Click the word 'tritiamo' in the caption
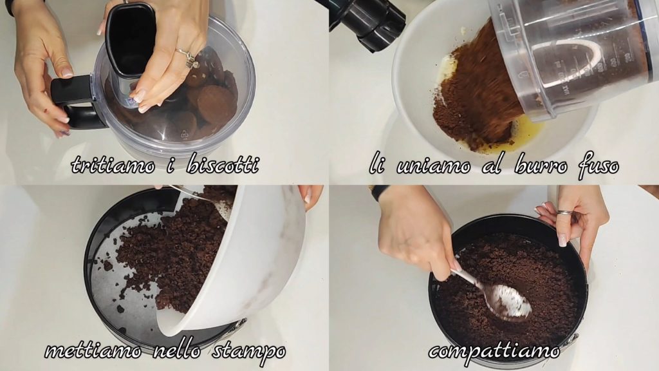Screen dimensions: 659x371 113,164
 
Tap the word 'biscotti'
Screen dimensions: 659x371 222,164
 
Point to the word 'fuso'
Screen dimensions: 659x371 599,166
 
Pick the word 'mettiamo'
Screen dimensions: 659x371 93,350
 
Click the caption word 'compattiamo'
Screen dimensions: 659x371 494,351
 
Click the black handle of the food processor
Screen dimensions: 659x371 73,100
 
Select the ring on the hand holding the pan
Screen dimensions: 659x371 564,213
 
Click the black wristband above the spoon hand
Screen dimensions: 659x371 380,192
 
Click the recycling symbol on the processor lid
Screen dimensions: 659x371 184,134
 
